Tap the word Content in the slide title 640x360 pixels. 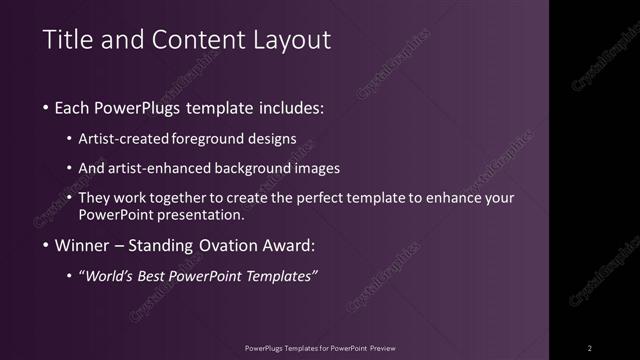195,39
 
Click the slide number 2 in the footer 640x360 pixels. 589,348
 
